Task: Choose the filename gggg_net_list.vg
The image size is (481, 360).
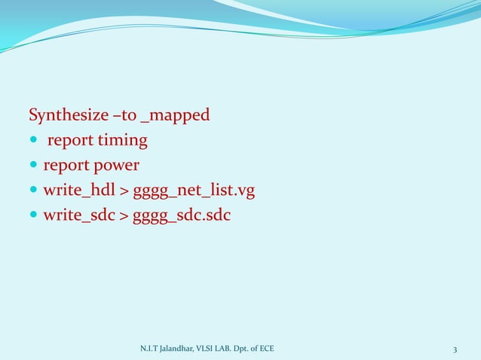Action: pos(194,191)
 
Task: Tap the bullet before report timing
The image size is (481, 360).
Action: pos(33,142)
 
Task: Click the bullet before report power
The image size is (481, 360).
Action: pos(33,166)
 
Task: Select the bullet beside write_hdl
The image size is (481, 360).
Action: pos(33,191)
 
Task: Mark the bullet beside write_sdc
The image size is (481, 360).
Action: pos(33,216)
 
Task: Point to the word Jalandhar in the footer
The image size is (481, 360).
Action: pos(174,349)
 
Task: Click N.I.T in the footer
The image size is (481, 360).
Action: pos(148,349)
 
